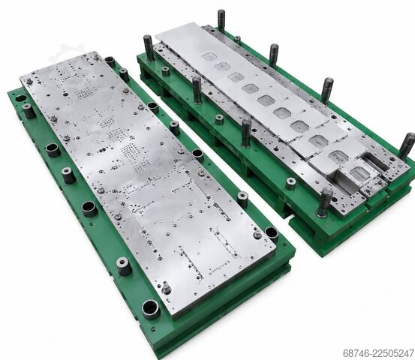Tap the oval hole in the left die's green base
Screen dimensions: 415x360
pos(21,99)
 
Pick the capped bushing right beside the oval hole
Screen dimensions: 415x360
pos(29,110)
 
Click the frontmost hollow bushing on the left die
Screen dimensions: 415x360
pos(151,309)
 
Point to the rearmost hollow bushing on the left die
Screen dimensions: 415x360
pos(110,61)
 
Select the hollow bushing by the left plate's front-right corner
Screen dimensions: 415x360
pos(272,234)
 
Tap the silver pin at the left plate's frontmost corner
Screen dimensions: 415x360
pos(166,287)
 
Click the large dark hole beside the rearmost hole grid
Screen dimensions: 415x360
pos(65,94)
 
